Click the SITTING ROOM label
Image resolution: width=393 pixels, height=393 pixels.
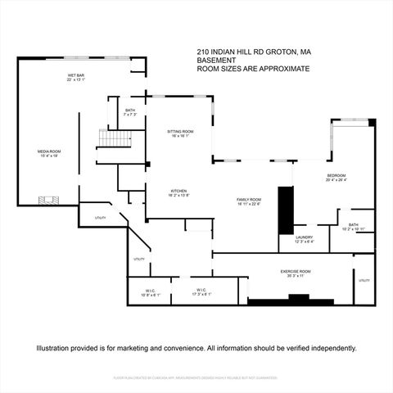pos(181,133)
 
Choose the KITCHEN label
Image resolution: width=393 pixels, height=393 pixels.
pos(178,191)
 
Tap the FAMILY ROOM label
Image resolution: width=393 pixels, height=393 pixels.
pos(249,201)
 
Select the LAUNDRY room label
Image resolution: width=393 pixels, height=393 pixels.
pos(305,238)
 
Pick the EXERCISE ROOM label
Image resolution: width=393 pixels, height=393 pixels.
pos(295,272)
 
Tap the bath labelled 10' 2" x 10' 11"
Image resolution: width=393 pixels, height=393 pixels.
pos(353,226)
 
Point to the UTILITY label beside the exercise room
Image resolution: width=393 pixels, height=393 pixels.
pos(364,281)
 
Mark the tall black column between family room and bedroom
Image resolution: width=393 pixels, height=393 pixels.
pos(285,212)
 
